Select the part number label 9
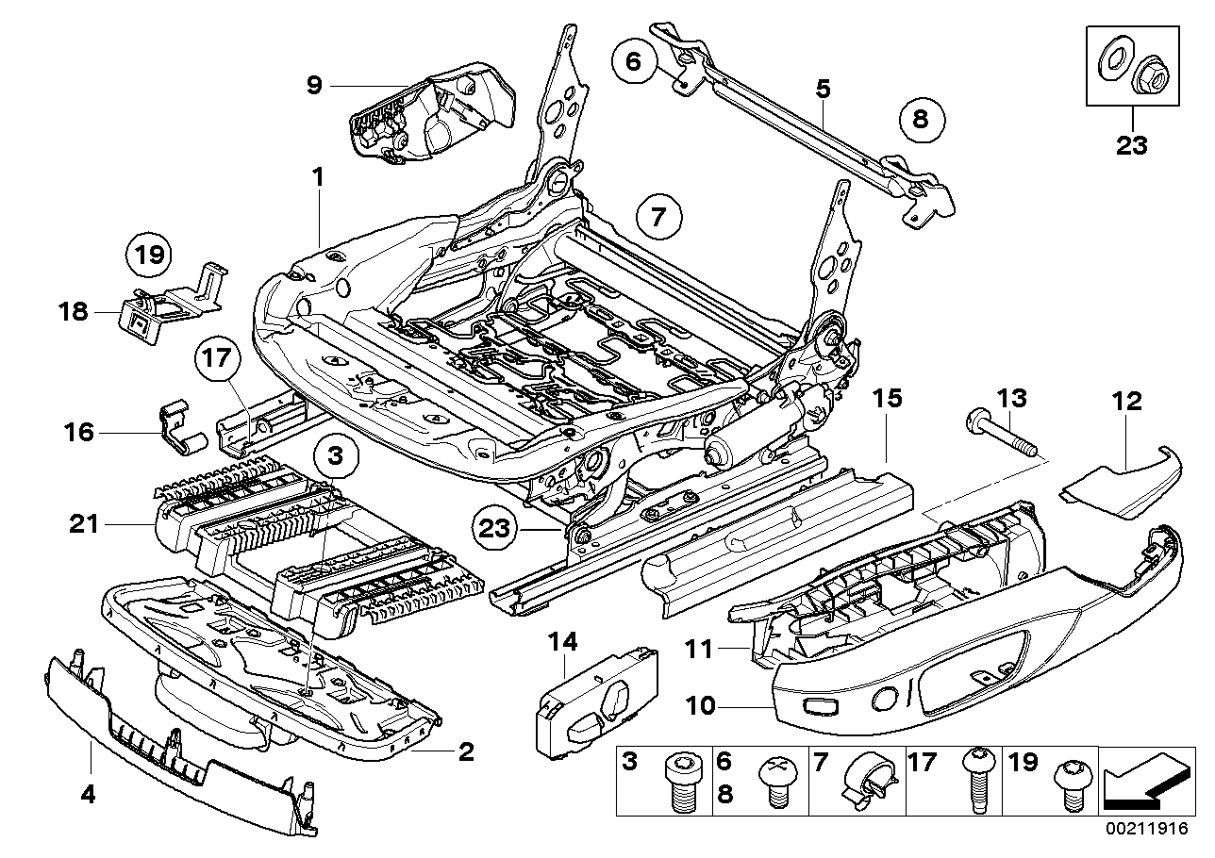(314, 86)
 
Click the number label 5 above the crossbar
(823, 89)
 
